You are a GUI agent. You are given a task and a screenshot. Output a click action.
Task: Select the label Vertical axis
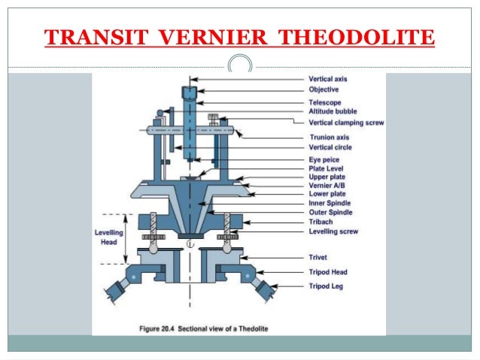point(329,79)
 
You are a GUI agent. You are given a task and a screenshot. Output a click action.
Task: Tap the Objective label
point(325,89)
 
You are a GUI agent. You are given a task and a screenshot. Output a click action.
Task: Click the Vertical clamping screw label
point(347,122)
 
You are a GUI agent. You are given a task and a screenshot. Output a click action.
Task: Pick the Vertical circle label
point(330,147)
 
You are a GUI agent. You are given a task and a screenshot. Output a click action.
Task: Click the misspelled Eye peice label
point(325,160)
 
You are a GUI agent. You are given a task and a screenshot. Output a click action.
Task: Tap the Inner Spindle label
point(330,203)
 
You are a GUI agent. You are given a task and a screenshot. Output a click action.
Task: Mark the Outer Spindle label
point(330,213)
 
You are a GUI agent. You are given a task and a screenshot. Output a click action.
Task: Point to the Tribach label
point(321,222)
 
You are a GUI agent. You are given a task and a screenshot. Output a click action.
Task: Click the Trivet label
point(319,258)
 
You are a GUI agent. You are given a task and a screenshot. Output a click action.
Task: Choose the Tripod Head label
point(328,272)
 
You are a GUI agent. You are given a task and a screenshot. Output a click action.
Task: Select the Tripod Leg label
point(327,287)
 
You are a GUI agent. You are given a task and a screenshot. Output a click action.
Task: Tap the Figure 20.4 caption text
point(206,328)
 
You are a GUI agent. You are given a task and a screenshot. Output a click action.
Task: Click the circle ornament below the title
point(240,66)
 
